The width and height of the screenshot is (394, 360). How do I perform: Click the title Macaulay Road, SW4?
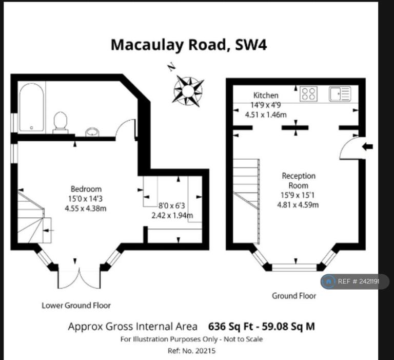point(189,45)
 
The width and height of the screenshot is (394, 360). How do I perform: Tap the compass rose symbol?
point(188,91)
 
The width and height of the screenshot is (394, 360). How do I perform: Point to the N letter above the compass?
point(171,67)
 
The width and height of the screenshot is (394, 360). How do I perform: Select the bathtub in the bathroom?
point(32,107)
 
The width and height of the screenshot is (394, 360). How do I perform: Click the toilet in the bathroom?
point(61,123)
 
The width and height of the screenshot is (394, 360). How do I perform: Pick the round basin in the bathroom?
point(92,132)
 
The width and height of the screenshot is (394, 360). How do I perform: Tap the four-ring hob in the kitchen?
point(308,94)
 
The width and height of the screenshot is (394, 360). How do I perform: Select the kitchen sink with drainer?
point(340,94)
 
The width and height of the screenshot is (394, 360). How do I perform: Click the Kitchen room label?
point(266,96)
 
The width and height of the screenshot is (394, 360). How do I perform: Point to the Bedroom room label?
point(86,189)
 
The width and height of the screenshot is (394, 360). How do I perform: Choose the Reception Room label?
point(298,180)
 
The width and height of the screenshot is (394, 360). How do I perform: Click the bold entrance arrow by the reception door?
point(367,146)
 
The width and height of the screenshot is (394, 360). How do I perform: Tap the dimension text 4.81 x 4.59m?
point(298,204)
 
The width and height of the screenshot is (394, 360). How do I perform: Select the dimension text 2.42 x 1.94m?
point(172,215)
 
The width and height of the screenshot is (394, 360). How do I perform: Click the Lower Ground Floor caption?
point(76,306)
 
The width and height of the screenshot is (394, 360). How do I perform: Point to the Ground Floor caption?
point(294,296)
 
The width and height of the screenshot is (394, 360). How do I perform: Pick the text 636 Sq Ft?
point(230,327)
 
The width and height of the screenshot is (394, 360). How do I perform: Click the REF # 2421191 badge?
point(355,281)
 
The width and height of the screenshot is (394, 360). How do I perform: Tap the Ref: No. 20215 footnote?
point(191,351)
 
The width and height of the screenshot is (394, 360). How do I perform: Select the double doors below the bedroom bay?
point(79,278)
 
